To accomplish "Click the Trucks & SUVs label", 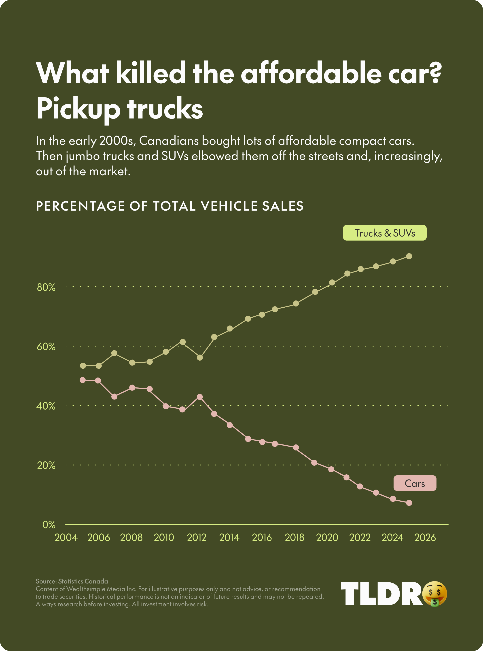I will point(384,233).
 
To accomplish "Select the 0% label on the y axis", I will point(49,525).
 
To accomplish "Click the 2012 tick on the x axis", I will point(197,537).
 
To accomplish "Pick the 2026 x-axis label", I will point(425,537).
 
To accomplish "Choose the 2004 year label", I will point(66,537).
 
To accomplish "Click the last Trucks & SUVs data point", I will point(409,256).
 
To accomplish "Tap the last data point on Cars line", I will point(409,503).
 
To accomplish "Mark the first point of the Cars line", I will point(83,380).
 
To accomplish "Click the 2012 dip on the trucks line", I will point(200,357).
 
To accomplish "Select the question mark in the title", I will point(435,73).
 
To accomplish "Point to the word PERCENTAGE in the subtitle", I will point(80,206).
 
